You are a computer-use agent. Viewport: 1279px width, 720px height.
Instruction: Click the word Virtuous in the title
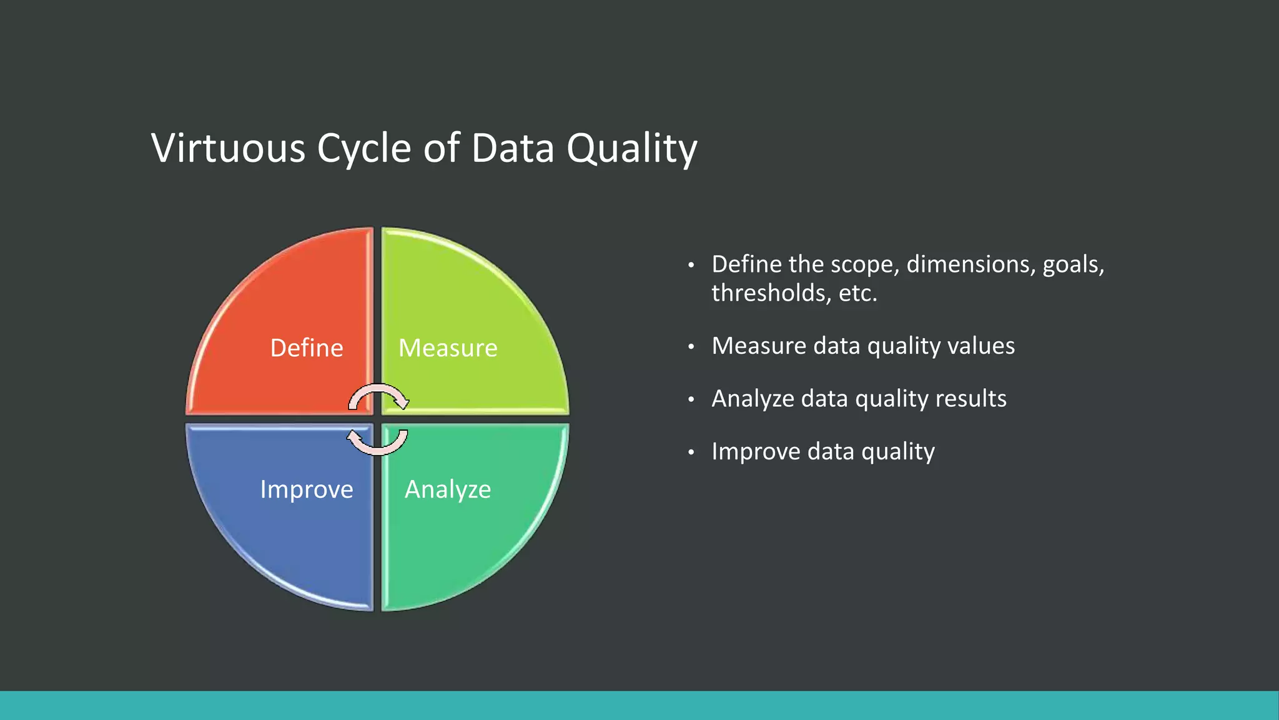click(228, 149)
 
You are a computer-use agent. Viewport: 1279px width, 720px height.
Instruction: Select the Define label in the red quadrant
click(307, 348)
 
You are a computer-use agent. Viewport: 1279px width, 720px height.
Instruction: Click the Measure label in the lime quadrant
click(448, 348)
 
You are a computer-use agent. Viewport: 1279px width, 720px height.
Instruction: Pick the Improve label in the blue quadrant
click(307, 489)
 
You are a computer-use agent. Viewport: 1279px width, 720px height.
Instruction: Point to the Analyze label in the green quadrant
click(448, 489)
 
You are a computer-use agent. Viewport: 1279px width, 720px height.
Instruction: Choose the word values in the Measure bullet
click(983, 346)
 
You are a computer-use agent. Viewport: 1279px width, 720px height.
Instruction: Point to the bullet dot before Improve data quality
click(691, 452)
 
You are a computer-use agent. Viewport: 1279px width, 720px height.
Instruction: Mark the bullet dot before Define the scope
click(691, 266)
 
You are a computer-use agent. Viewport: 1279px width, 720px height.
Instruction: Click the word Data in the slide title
click(512, 149)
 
